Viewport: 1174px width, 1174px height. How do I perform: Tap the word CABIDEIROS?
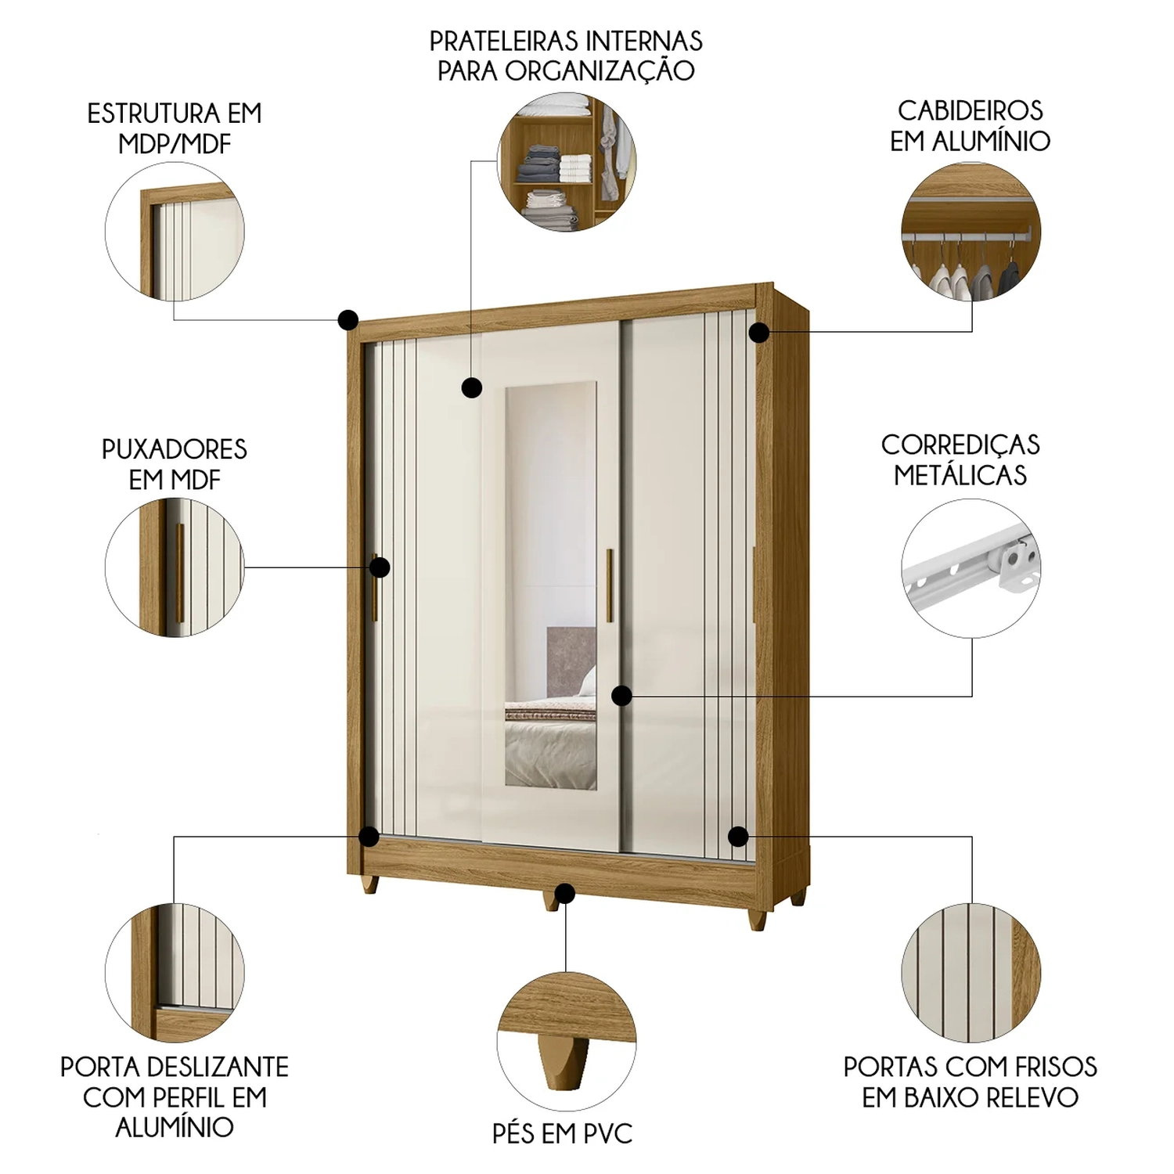[971, 110]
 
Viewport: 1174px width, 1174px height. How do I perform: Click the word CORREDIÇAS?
[960, 445]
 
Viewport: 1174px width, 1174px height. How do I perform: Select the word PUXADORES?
[175, 449]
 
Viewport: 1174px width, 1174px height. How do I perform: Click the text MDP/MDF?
[175, 144]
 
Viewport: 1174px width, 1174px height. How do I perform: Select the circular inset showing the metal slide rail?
[971, 568]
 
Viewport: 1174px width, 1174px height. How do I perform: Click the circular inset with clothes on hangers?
[971, 232]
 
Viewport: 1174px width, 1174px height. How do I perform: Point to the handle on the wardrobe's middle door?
[610, 585]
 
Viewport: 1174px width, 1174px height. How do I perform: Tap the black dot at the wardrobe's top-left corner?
[348, 319]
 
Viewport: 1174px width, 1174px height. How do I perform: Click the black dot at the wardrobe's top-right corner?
[759, 332]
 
